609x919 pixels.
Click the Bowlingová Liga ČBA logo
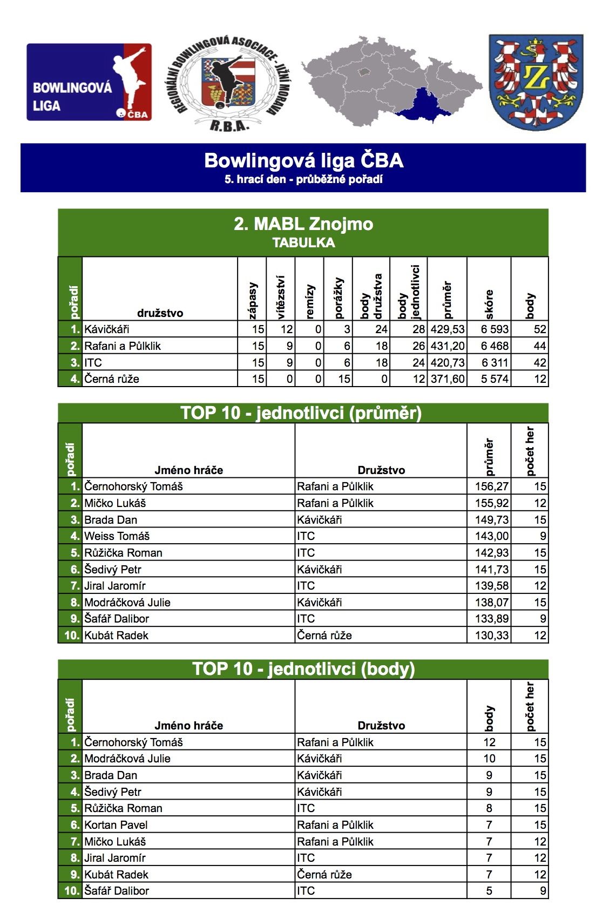[89, 82]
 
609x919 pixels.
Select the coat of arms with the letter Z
[536, 82]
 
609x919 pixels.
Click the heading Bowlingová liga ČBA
[303, 160]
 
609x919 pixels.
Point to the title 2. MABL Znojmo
[303, 224]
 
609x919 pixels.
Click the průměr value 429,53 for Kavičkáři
[448, 329]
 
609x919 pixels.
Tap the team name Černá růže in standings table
[112, 379]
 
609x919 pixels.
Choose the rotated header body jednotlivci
[409, 292]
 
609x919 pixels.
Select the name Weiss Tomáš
[117, 536]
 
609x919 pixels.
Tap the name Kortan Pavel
[116, 825]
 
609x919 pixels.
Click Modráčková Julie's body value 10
[489, 759]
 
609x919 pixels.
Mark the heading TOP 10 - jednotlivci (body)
[303, 669]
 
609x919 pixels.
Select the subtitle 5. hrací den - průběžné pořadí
[303, 179]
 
